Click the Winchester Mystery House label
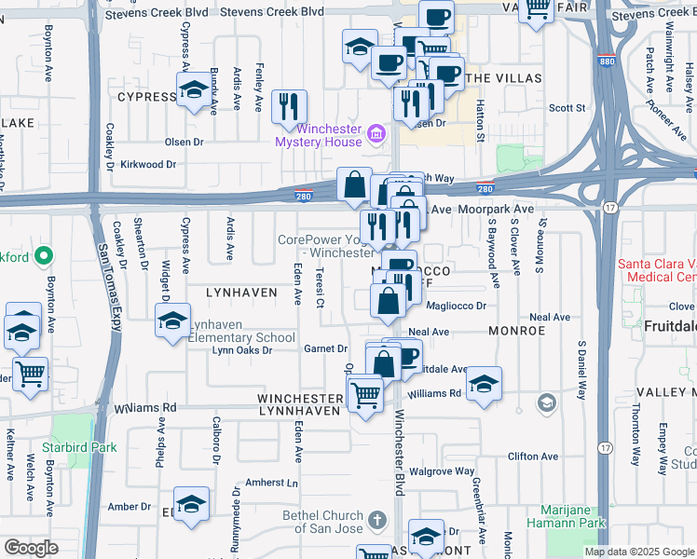point(318,135)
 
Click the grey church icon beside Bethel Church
point(376,519)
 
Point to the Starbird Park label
point(84,447)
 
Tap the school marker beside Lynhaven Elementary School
point(173,322)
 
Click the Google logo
point(30,548)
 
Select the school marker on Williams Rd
point(484,383)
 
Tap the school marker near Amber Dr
point(191,504)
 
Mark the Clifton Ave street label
point(532,457)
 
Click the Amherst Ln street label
point(272,483)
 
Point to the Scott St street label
point(566,107)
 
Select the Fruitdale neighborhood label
point(669,327)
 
